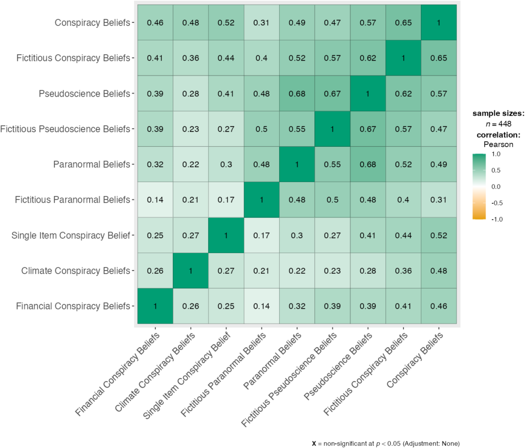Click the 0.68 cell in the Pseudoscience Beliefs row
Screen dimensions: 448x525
pos(297,93)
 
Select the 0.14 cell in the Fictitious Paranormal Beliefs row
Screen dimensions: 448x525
pos(155,200)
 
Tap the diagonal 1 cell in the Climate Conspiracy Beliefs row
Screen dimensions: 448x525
pos(191,271)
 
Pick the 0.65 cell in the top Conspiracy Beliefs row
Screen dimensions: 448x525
pos(403,23)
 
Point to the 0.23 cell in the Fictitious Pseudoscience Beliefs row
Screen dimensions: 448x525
pos(191,129)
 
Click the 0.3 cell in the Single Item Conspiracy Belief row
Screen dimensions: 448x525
pos(297,235)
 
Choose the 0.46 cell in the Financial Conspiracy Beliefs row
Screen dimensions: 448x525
pos(439,306)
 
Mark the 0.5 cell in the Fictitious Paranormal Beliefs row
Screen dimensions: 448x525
pos(332,200)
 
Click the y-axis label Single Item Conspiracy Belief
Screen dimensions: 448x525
pos(71,236)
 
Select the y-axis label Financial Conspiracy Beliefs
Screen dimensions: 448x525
pos(73,306)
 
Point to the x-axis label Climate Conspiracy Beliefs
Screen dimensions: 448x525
pos(155,373)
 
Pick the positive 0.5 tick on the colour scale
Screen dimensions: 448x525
pos(496,170)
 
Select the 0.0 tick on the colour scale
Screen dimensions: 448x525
pos(496,187)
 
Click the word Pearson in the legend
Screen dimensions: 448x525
pos(498,144)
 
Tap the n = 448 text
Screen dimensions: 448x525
pos(498,124)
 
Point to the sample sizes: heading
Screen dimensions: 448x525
pos(498,113)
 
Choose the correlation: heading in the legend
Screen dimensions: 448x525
pos(498,134)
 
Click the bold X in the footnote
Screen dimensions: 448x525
pos(314,443)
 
